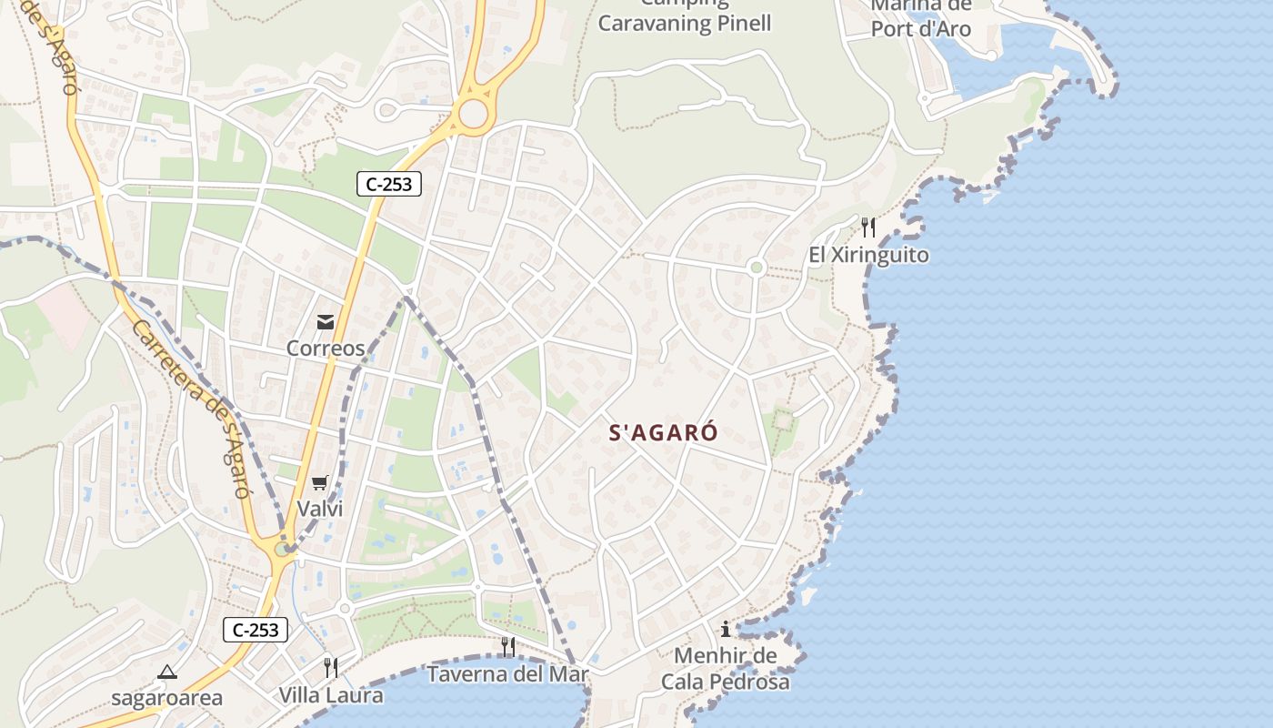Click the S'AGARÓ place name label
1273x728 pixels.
pyautogui.click(x=664, y=433)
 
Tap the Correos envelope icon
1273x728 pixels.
pyautogui.click(x=326, y=321)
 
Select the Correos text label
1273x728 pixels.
pyautogui.click(x=326, y=349)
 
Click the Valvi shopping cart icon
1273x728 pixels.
pyautogui.click(x=319, y=482)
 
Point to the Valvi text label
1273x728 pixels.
pyautogui.click(x=320, y=509)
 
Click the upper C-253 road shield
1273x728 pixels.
pyautogui.click(x=388, y=184)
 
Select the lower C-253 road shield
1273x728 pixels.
pyautogui.click(x=256, y=629)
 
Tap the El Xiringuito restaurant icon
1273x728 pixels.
pyautogui.click(x=868, y=227)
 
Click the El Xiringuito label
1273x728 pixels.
pyautogui.click(x=868, y=255)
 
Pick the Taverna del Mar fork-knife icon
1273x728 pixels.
pyautogui.click(x=508, y=647)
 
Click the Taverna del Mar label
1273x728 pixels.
pyautogui.click(x=508, y=674)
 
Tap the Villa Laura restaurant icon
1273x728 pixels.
pyautogui.click(x=331, y=668)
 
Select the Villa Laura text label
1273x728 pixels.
pyautogui.click(x=331, y=695)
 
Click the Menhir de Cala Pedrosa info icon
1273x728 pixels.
pyautogui.click(x=726, y=629)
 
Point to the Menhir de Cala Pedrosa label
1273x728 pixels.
pyautogui.click(x=726, y=669)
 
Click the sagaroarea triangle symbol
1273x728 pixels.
pyautogui.click(x=166, y=672)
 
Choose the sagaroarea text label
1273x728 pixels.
pyautogui.click(x=166, y=699)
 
